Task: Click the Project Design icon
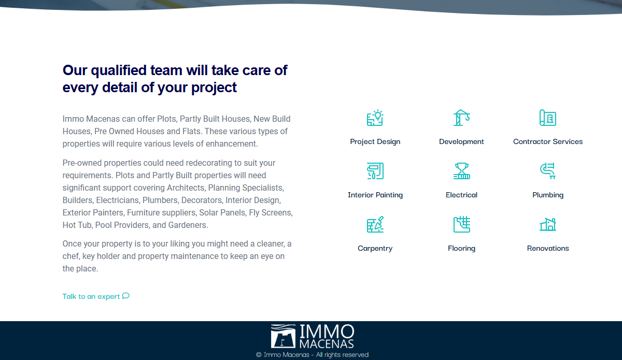375,118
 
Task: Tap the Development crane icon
461,118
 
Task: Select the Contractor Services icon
548,118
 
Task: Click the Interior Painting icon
375,171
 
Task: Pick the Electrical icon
461,171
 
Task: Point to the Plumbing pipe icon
548,171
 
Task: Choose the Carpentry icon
375,224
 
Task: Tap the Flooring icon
461,224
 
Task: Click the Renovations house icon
548,224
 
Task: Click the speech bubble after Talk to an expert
126,296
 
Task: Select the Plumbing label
548,195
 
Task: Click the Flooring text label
461,248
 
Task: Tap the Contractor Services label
548,141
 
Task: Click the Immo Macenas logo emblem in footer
283,336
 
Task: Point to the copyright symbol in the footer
259,355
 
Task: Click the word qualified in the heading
119,70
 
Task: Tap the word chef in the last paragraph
72,256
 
